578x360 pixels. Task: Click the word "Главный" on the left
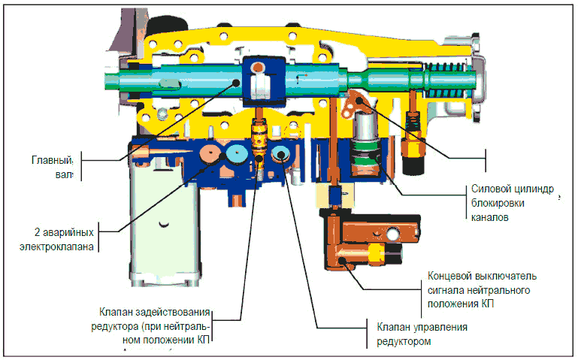click(x=52, y=160)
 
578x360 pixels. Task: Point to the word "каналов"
click(x=489, y=217)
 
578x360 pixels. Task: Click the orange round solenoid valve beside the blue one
click(x=210, y=155)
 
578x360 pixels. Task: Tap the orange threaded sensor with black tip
click(x=411, y=136)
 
